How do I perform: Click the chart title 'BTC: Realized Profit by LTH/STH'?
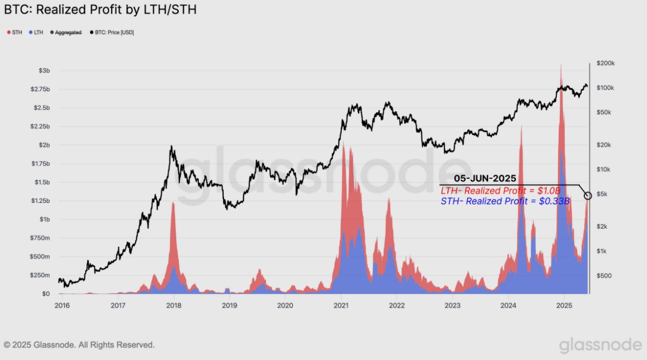pos(100,10)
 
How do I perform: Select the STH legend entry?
pos(14,32)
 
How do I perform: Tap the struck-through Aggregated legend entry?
pos(66,32)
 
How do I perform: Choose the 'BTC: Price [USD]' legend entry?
pos(112,32)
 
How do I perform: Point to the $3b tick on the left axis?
pos(44,70)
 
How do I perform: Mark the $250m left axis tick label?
pos(40,275)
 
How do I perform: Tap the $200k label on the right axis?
pos(605,63)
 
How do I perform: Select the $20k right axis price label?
pos(604,145)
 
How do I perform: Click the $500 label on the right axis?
pos(604,275)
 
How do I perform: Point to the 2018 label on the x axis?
pos(174,306)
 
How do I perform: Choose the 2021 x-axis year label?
pos(341,306)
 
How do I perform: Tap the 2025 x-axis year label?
pos(564,306)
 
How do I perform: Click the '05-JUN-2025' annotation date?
pos(485,179)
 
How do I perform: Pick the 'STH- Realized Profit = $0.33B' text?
pos(504,201)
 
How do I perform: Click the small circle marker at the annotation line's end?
pos(588,196)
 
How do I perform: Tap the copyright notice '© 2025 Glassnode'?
pos(79,345)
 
